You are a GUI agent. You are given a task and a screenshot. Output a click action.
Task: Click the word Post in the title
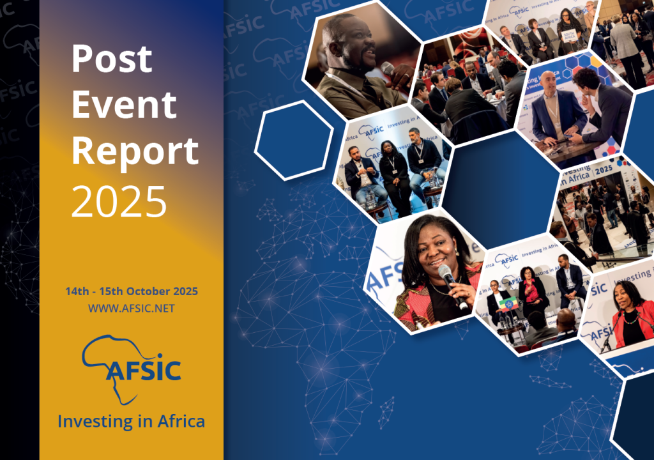[112, 59]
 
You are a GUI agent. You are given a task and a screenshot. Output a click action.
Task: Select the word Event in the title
[124, 105]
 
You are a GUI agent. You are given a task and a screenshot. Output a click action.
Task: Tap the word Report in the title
[135, 152]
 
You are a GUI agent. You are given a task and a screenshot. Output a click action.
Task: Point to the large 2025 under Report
[119, 199]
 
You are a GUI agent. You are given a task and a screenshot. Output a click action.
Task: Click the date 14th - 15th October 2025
[132, 291]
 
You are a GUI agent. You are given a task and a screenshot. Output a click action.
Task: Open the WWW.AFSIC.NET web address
[132, 309]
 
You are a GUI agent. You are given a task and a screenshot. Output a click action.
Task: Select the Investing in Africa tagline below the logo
[132, 422]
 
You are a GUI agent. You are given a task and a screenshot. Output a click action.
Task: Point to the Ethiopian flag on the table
[508, 304]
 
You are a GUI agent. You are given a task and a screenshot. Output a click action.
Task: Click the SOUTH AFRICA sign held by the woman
[571, 38]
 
